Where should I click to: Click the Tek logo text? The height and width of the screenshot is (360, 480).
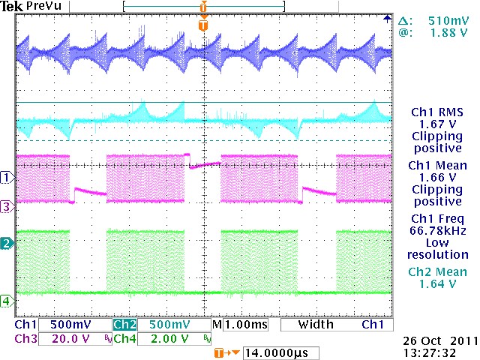13,7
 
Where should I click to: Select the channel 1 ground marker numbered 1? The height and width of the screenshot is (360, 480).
7,178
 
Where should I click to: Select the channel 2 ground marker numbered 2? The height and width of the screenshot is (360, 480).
7,244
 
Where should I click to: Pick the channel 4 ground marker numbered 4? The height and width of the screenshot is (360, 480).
7,301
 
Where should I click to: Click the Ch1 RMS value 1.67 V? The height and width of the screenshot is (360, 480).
439,124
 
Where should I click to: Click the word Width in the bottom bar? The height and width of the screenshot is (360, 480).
316,326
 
